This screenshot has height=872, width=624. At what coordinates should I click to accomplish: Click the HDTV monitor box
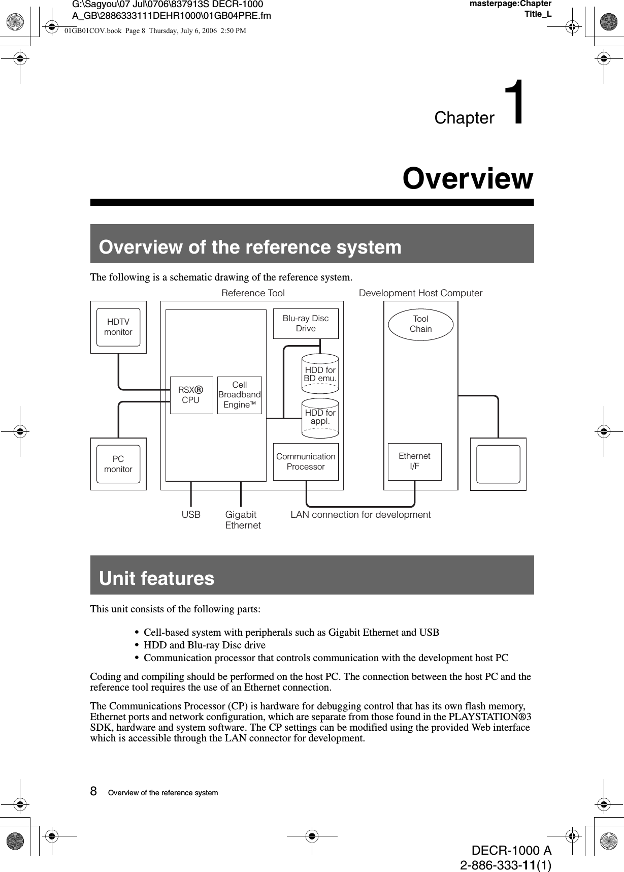point(118,327)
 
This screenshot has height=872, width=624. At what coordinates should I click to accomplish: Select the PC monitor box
point(118,464)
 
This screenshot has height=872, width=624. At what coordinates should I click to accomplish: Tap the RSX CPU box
point(191,395)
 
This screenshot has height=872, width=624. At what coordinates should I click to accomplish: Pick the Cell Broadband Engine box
point(240,395)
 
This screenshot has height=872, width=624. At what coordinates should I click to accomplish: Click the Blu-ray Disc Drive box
point(306,324)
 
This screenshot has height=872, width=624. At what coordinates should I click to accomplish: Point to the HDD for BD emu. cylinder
point(320,374)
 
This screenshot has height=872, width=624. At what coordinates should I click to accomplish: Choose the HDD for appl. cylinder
point(320,418)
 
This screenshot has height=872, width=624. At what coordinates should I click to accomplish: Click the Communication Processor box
point(306,461)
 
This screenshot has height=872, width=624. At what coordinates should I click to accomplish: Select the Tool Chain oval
point(421,324)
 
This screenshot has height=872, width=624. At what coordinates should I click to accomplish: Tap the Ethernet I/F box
point(414,461)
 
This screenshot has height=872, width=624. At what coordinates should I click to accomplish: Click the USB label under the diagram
point(191,515)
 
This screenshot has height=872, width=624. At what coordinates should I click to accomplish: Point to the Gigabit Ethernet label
point(243,520)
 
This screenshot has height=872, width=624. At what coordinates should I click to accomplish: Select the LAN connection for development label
point(360,515)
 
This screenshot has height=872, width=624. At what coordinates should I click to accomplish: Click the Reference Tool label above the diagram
point(253,293)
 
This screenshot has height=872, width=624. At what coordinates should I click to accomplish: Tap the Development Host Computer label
point(420,293)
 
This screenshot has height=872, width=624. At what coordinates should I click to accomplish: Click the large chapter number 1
point(517,103)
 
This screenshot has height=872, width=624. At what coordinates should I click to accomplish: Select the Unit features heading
point(157,578)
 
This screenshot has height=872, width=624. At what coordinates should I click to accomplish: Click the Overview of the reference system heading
point(250,247)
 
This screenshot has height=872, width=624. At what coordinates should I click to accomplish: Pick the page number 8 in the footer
point(93,791)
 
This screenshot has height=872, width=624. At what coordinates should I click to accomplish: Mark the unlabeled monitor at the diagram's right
point(498,464)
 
